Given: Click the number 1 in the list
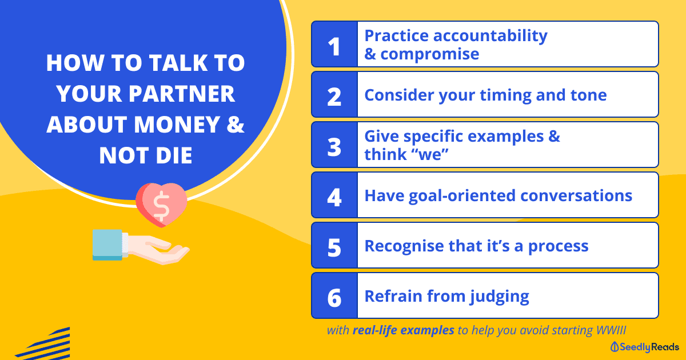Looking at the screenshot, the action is (334, 47).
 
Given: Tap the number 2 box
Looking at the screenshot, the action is (334, 95).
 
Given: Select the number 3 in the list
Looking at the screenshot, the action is (334, 147).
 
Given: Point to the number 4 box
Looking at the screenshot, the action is (334, 195).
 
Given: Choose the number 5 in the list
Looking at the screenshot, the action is (334, 247).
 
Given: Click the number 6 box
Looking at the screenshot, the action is (334, 295).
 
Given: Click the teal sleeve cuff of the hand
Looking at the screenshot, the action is (107, 245).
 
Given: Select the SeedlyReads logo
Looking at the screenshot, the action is (645, 347).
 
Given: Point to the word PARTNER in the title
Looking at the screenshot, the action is (181, 94).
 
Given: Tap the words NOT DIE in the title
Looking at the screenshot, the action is (145, 155).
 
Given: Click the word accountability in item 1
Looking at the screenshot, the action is (490, 36).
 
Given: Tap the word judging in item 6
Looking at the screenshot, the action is (500, 297).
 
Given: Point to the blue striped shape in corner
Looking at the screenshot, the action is (43, 344).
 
